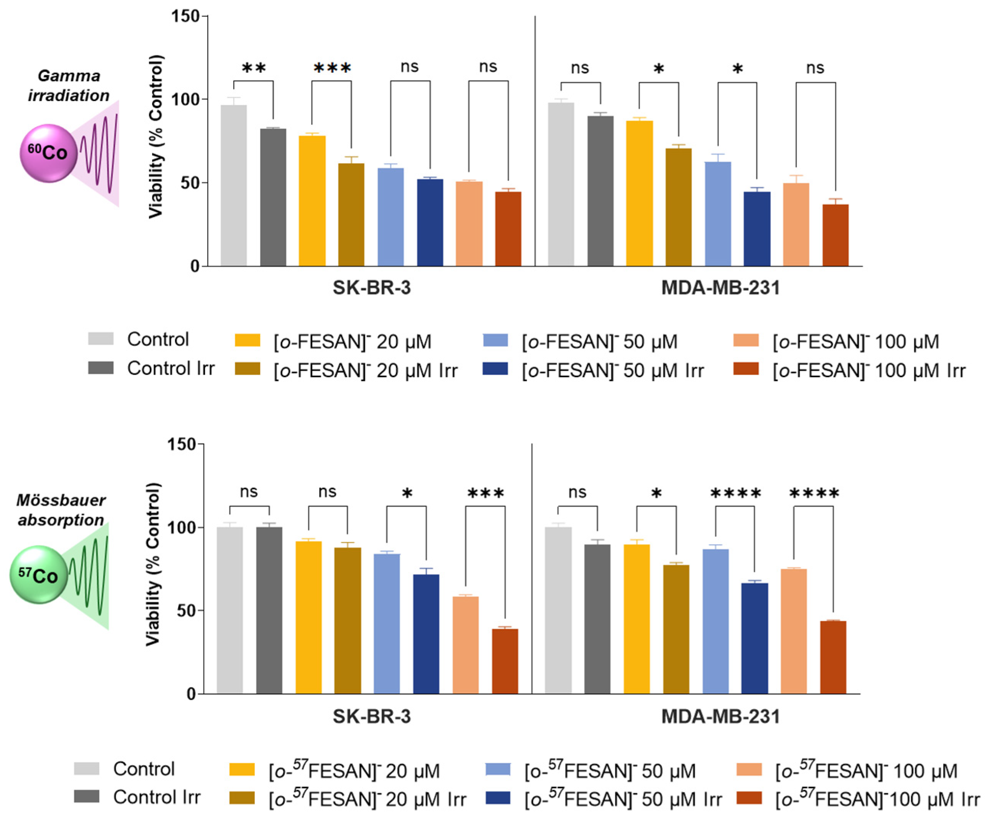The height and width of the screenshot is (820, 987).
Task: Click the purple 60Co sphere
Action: [48, 153]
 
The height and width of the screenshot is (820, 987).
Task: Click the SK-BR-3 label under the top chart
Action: [371, 288]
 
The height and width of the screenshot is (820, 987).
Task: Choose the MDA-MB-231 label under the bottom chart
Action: [720, 717]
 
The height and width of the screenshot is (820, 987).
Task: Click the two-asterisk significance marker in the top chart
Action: [254, 69]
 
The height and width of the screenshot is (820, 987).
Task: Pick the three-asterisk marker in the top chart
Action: [332, 69]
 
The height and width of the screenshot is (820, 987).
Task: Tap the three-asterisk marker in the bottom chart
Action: [485, 494]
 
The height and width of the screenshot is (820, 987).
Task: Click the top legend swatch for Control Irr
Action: [101, 368]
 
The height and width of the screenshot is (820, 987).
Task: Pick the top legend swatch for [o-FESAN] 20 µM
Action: [247, 340]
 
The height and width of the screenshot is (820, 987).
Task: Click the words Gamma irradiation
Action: [69, 85]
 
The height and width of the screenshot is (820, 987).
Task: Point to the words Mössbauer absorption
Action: [61, 510]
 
